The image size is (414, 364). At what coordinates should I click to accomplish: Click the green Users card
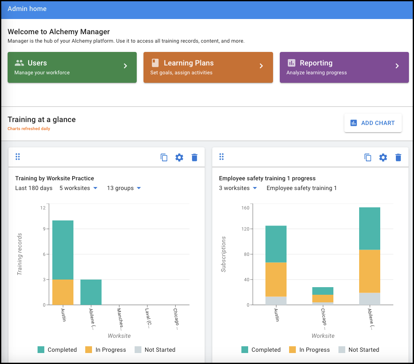tap(72, 67)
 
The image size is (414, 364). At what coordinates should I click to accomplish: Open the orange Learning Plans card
tap(208, 67)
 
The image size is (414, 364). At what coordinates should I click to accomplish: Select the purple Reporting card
tap(344, 67)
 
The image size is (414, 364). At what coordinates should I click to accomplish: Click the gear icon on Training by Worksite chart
tap(179, 158)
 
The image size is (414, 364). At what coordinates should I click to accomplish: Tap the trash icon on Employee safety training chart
tap(398, 158)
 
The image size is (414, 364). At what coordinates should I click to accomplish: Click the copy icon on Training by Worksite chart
tap(164, 158)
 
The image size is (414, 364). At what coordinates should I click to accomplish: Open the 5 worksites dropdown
tap(78, 188)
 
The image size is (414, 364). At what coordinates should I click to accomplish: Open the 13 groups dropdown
tap(124, 188)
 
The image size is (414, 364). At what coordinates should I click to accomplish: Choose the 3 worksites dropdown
tap(238, 188)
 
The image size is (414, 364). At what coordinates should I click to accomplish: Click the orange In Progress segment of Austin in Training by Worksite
tap(63, 292)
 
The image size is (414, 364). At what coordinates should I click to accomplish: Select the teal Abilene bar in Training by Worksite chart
tap(91, 292)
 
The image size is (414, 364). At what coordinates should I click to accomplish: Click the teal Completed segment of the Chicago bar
tap(323, 291)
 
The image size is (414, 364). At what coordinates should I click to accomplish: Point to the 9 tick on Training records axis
tap(43, 229)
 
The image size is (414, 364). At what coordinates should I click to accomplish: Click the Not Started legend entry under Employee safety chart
tap(358, 350)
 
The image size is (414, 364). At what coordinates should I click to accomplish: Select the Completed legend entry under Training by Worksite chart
tap(57, 350)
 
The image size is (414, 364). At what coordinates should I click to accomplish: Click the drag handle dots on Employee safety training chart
tap(222, 157)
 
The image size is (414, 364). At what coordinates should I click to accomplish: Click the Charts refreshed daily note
tap(29, 129)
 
